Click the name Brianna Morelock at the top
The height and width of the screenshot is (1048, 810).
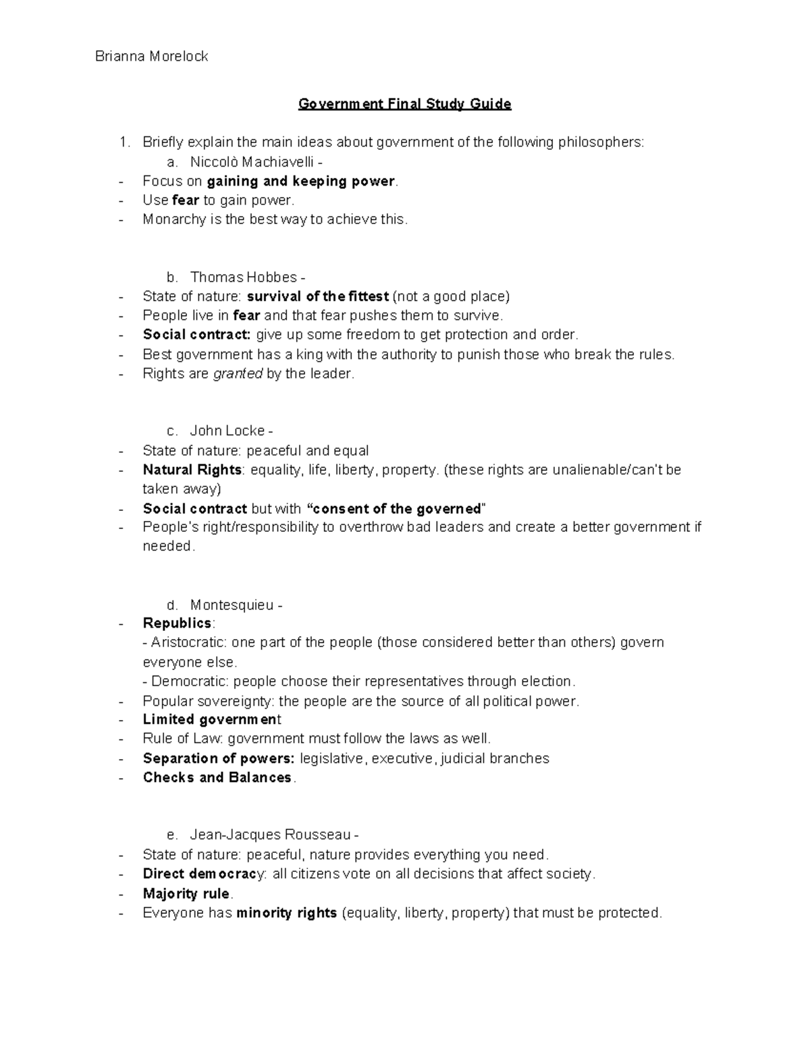[151, 57]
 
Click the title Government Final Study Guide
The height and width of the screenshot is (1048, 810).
[405, 104]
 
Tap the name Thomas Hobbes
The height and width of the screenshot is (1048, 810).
[243, 277]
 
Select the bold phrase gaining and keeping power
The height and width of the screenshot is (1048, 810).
[300, 181]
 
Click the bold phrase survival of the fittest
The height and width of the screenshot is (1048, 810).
[318, 296]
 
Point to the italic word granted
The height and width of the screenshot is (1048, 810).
[238, 373]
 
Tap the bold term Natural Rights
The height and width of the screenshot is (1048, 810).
[192, 470]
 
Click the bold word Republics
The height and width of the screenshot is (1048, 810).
[177, 623]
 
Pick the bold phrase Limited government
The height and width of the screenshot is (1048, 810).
[211, 719]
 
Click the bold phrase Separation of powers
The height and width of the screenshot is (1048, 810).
[218, 759]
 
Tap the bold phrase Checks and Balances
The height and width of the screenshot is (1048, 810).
[217, 777]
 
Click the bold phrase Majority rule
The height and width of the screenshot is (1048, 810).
[186, 894]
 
